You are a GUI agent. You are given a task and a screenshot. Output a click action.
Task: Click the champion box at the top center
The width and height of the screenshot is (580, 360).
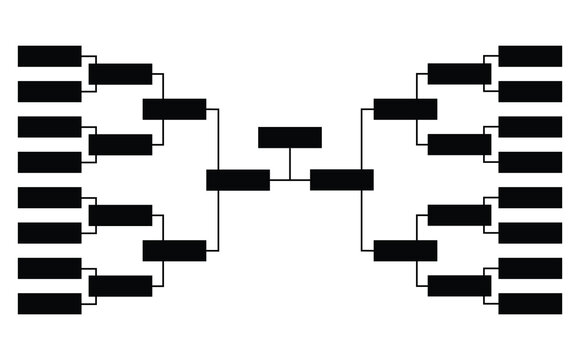(x=290, y=137)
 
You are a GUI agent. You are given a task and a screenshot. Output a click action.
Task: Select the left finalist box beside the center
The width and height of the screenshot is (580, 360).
(x=238, y=180)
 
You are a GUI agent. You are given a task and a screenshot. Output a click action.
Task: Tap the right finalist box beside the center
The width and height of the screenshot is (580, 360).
(x=342, y=180)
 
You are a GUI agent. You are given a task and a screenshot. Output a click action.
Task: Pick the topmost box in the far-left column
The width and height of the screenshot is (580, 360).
(x=50, y=56)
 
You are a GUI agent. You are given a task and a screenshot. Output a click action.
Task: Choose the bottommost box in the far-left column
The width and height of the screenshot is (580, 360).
(x=50, y=303)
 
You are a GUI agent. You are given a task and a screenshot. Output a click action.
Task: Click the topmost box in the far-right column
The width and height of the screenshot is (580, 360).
(x=530, y=56)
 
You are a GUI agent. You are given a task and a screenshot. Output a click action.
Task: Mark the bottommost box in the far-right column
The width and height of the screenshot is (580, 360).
(x=530, y=303)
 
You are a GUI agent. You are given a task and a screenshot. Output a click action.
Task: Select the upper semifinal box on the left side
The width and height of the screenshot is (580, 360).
(x=175, y=109)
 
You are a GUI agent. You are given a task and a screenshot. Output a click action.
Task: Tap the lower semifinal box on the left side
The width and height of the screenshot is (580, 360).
(x=175, y=250)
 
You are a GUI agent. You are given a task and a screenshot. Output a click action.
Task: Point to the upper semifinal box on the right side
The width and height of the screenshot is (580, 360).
(x=405, y=109)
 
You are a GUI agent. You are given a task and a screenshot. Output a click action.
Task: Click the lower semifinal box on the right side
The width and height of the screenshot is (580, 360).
(x=405, y=250)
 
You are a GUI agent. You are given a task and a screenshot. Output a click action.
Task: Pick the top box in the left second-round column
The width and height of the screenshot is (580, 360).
(x=121, y=74)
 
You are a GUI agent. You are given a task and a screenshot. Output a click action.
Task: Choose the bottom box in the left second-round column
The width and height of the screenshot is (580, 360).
(x=121, y=286)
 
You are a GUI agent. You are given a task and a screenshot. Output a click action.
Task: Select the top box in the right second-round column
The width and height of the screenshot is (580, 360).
(x=459, y=74)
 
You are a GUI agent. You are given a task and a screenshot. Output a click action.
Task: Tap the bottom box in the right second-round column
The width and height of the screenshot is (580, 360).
(x=459, y=286)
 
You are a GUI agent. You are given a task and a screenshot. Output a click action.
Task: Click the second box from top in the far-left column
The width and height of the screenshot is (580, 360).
(x=50, y=91)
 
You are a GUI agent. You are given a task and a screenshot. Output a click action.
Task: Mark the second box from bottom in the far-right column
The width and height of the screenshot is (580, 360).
(x=530, y=268)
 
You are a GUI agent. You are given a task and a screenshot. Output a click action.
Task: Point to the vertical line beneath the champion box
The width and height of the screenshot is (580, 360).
(x=290, y=164)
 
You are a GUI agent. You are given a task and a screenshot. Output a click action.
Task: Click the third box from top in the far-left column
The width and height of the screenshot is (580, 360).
(x=50, y=127)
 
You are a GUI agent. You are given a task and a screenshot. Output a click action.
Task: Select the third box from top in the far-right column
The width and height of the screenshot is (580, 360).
(x=530, y=127)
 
